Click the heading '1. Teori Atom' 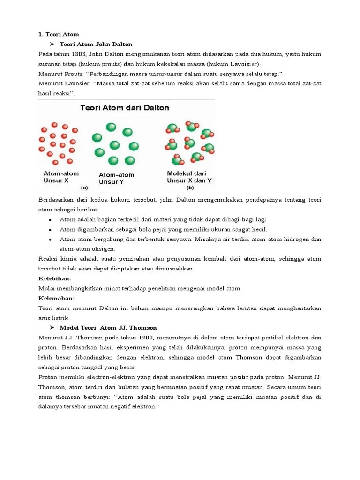[59, 34]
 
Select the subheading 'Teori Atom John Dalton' [96, 44]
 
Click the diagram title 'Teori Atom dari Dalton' [125, 108]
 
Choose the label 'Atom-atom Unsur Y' [116, 178]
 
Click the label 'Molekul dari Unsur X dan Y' [189, 177]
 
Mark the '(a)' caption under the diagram [84, 187]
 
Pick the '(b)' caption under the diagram [190, 187]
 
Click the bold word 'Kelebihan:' [54, 278]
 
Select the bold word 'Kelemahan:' [56, 298]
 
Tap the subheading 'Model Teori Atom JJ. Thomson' [108, 328]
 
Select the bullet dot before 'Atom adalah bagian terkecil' [50, 220]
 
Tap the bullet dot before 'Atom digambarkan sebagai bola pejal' [50, 230]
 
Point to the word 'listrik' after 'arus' [61, 318]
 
